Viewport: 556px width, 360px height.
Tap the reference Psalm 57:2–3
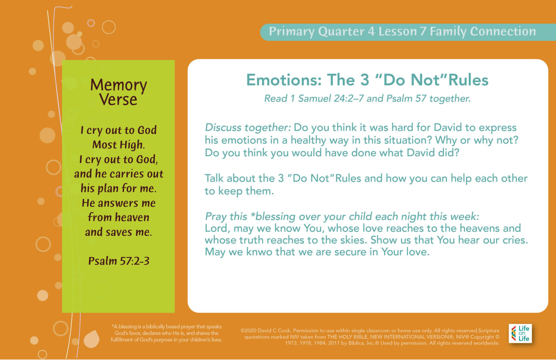119,261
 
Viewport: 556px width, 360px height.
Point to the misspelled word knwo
259,252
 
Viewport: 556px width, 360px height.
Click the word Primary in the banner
291,32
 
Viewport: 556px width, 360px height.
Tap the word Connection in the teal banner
503,32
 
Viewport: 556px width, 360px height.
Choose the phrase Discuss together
248,127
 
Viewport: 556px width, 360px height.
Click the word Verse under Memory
118,100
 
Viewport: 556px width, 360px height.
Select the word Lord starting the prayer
217,228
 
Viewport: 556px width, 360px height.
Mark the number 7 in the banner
423,32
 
